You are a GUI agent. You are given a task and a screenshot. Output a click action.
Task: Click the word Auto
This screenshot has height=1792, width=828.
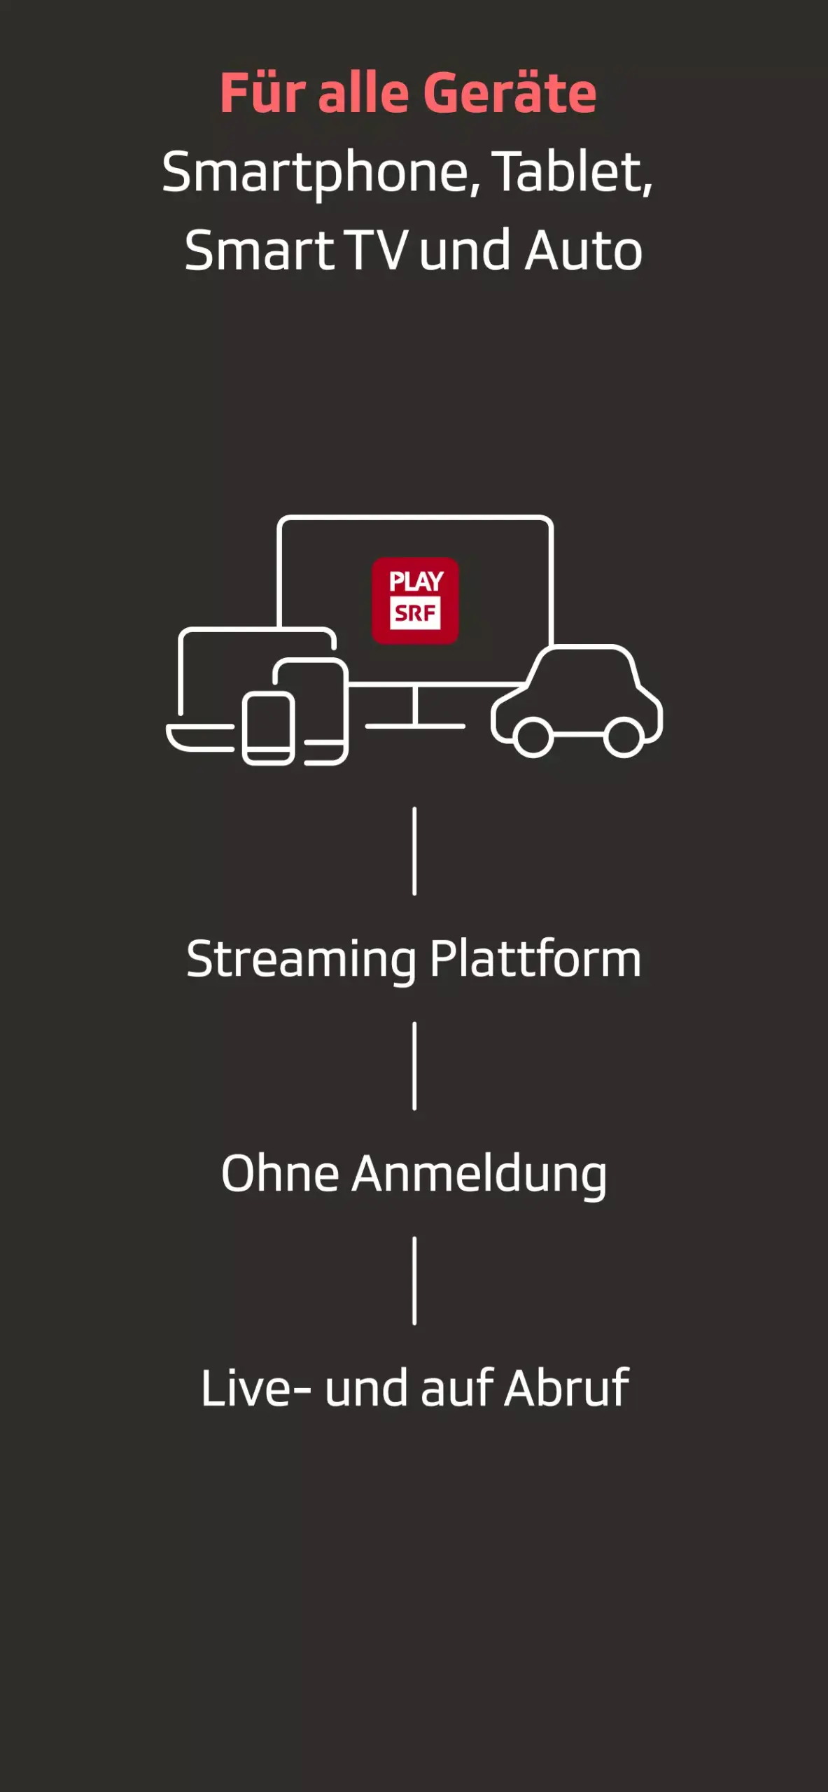point(584,251)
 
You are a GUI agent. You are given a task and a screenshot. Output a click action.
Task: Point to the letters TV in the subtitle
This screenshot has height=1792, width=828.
point(376,251)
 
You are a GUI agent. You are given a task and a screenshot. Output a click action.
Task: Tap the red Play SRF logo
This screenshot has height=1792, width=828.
point(415,601)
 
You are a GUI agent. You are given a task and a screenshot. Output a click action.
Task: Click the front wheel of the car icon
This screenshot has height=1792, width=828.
point(533,737)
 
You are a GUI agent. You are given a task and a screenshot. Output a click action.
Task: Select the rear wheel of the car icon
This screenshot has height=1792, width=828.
point(624,737)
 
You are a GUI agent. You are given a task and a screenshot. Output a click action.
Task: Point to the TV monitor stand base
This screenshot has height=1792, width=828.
point(415,726)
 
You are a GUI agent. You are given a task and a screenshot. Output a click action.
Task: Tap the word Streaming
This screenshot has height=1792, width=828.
point(302,960)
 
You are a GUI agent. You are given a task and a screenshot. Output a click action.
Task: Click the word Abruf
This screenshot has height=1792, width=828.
point(567,1387)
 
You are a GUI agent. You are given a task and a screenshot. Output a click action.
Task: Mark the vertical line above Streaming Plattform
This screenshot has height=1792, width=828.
point(415,850)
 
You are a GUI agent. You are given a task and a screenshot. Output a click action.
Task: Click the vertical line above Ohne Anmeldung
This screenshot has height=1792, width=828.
point(415,1065)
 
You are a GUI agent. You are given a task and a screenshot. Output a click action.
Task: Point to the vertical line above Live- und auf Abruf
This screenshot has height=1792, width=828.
point(415,1280)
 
